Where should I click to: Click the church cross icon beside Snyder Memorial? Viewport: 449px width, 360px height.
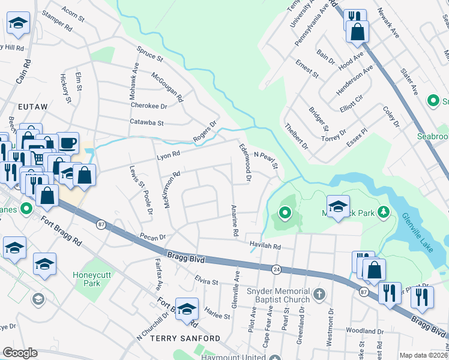319,295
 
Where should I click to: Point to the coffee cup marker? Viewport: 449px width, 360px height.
68,143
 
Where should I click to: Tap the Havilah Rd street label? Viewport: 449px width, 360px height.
265,246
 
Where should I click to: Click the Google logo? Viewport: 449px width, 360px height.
20,353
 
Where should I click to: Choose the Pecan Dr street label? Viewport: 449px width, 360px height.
152,237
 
